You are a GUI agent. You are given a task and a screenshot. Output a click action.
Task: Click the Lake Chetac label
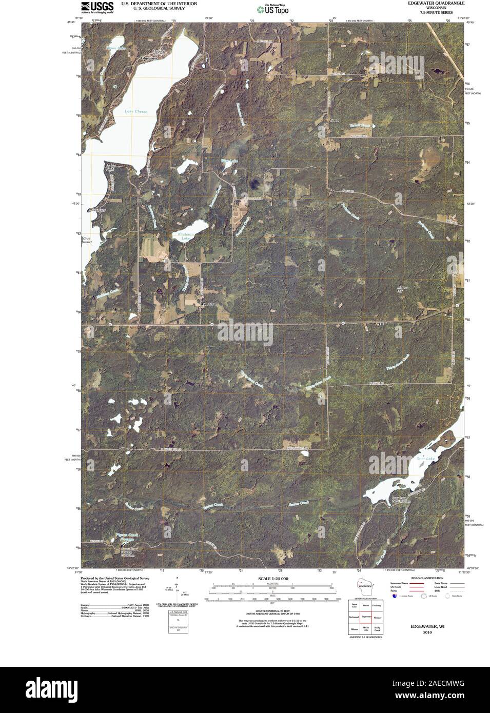tap(135, 111)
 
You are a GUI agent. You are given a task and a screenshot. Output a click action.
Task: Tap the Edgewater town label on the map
tap(149, 58)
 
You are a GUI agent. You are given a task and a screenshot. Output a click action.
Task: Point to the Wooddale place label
tap(209, 305)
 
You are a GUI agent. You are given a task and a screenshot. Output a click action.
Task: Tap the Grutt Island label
tap(86, 240)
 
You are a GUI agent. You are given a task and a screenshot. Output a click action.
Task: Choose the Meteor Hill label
tap(403, 289)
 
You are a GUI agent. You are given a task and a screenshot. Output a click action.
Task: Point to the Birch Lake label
tap(115, 48)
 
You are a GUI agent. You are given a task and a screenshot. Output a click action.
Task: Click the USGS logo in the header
tap(97, 7)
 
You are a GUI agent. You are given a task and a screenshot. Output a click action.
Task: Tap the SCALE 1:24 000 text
tap(273, 579)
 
